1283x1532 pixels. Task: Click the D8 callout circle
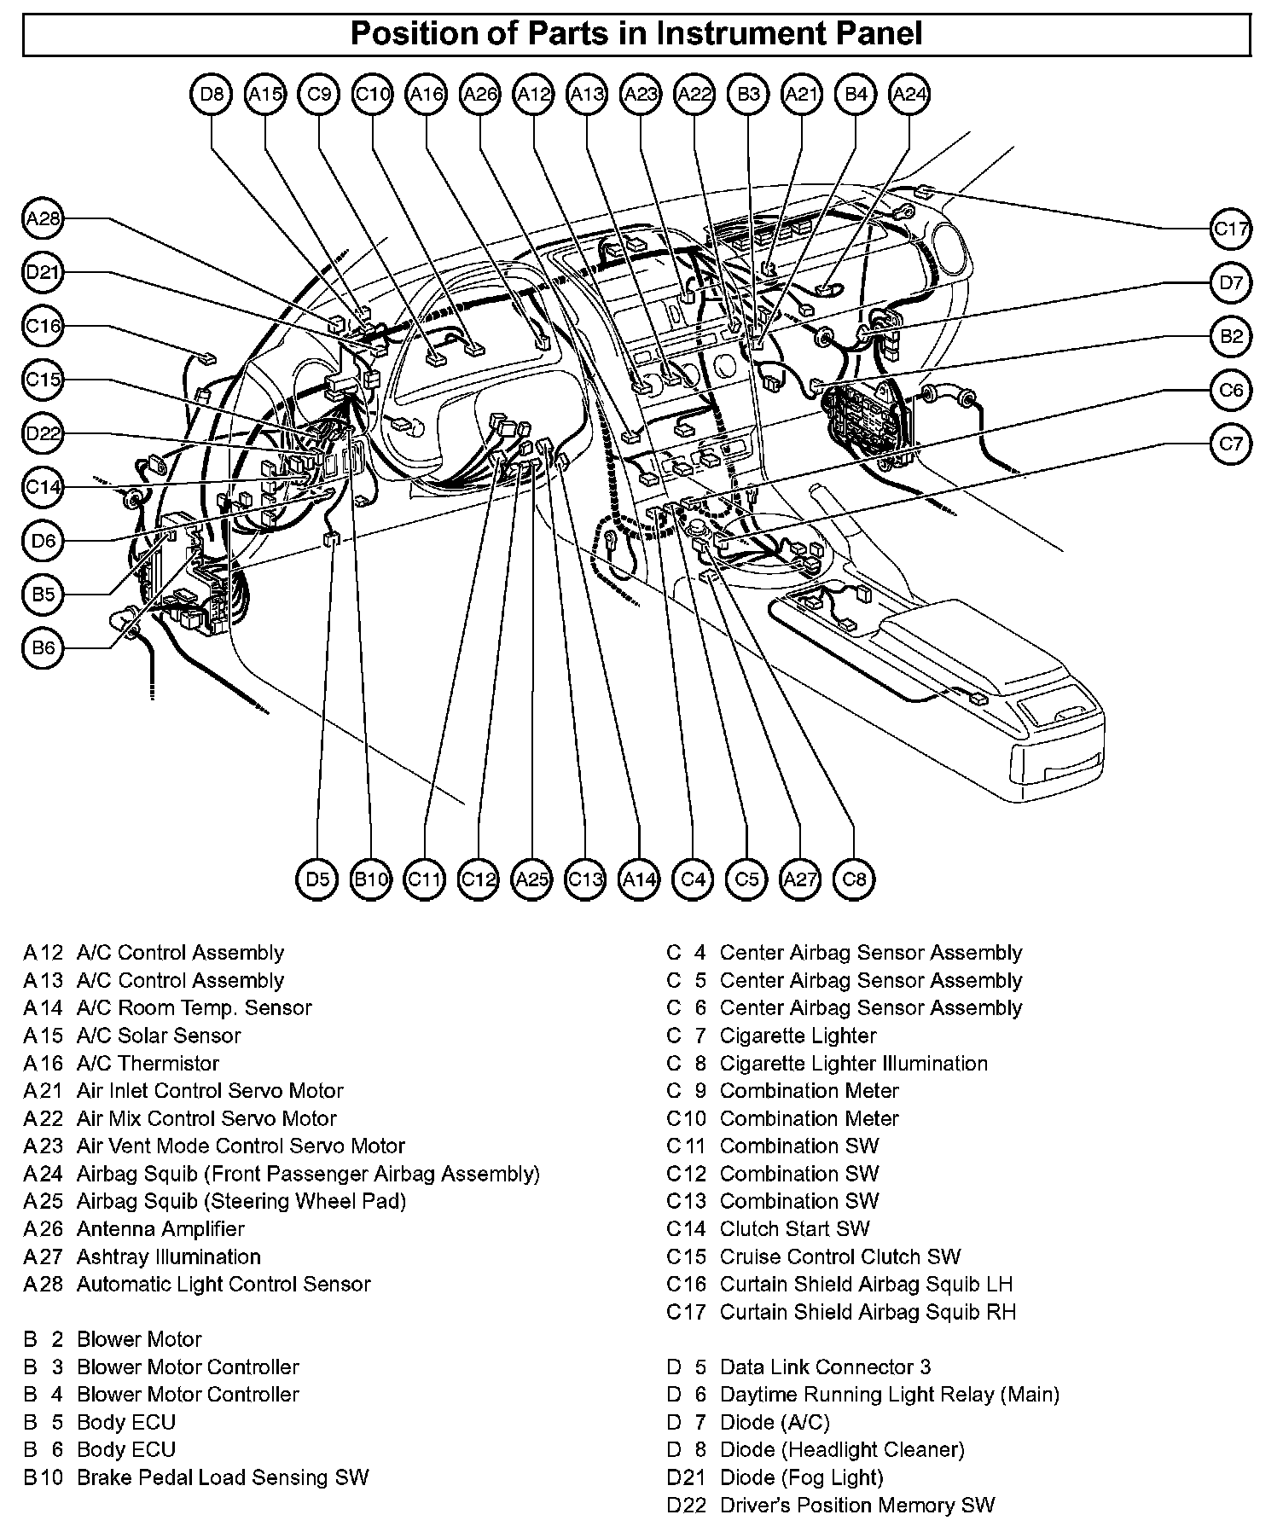[x=211, y=95]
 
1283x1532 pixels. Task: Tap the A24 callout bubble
[x=909, y=95]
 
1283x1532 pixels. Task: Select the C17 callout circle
[x=1230, y=229]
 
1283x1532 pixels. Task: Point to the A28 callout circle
[x=43, y=219]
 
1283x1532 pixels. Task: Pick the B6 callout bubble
[x=43, y=647]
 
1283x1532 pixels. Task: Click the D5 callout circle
[x=317, y=879]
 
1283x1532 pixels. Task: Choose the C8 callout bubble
[x=854, y=879]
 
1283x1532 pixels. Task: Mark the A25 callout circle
[x=532, y=879]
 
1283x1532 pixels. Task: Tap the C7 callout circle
[x=1230, y=444]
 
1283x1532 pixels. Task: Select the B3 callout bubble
[x=748, y=95]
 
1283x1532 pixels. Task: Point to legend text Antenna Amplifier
[x=160, y=1228]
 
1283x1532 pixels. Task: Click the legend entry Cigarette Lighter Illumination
[x=853, y=1063]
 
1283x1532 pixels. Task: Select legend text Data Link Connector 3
[x=825, y=1367]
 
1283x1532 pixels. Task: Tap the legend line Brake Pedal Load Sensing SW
[x=223, y=1477]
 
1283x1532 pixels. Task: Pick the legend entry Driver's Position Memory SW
[x=857, y=1505]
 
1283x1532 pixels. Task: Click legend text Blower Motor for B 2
[x=139, y=1339]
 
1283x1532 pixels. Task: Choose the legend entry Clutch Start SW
[x=794, y=1228]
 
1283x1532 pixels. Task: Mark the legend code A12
[x=43, y=953]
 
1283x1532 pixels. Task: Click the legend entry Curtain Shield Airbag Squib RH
[x=868, y=1311]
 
